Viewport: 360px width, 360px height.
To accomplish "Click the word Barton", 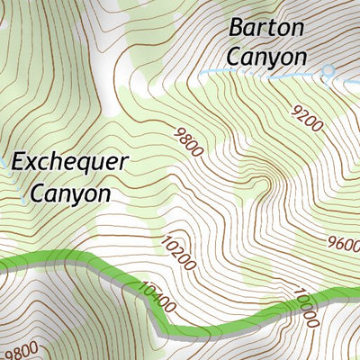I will pyautogui.click(x=266, y=27).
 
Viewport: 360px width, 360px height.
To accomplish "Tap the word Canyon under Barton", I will pyautogui.click(x=266, y=56).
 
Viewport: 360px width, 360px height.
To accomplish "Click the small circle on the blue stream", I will pyautogui.click(x=328, y=69).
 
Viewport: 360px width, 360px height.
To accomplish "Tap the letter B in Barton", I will pyautogui.click(x=237, y=27).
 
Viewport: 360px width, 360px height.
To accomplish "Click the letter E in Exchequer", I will pyautogui.click(x=22, y=163).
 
